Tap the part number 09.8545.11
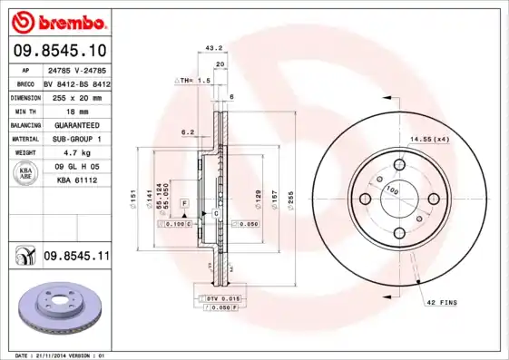click(x=76, y=257)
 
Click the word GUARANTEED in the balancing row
click(x=75, y=124)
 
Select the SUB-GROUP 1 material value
click(x=76, y=138)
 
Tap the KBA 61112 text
click(x=76, y=180)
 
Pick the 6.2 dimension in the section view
click(x=188, y=131)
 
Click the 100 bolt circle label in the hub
click(x=393, y=190)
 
